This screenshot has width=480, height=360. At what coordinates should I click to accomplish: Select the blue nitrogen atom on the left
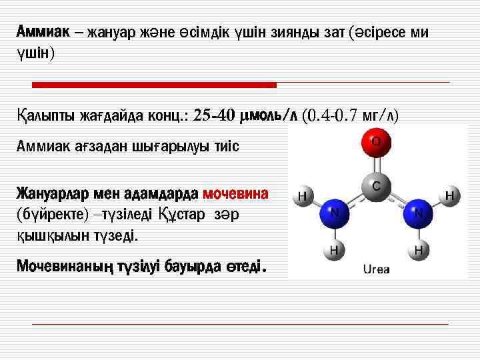(335, 213)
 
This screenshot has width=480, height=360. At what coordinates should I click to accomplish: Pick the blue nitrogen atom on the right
(419, 213)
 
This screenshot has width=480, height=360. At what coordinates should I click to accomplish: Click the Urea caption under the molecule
(376, 269)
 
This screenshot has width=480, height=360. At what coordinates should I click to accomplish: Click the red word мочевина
(236, 194)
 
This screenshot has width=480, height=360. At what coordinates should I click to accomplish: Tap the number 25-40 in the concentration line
(213, 115)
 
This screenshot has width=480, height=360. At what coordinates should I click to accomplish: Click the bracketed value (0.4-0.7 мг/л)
(350, 115)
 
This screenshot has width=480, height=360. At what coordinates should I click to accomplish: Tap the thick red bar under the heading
(155, 85)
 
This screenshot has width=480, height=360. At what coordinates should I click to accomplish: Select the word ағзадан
(93, 145)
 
